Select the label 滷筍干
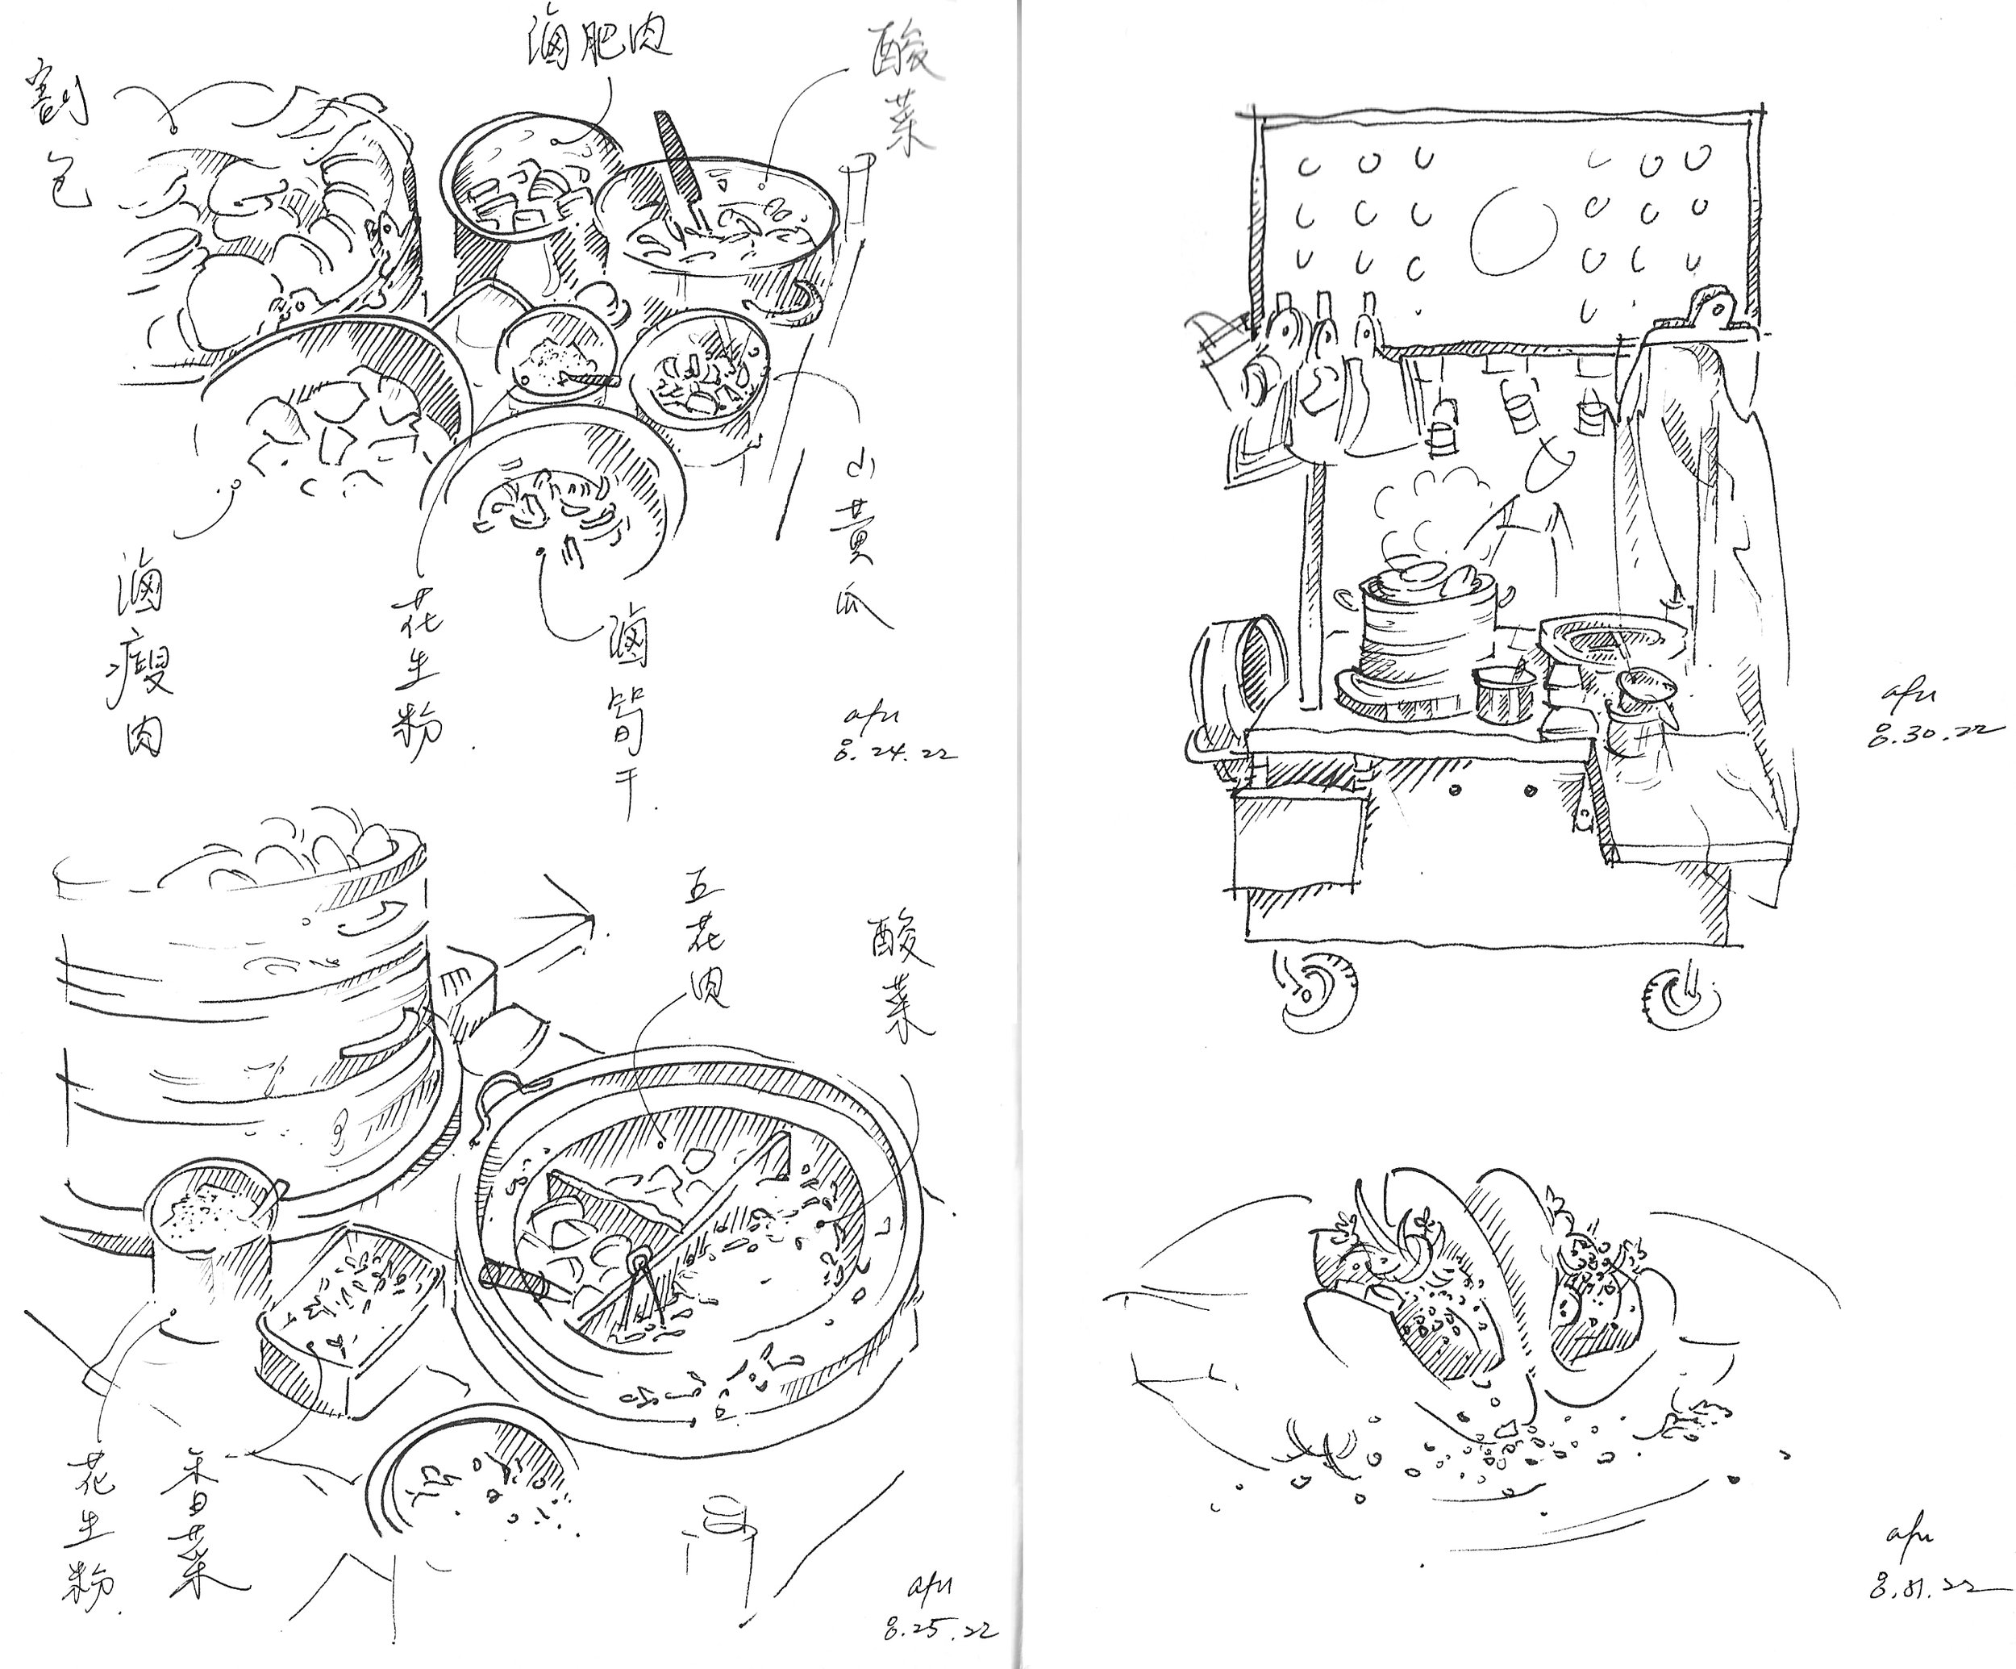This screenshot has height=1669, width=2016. click(x=626, y=711)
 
